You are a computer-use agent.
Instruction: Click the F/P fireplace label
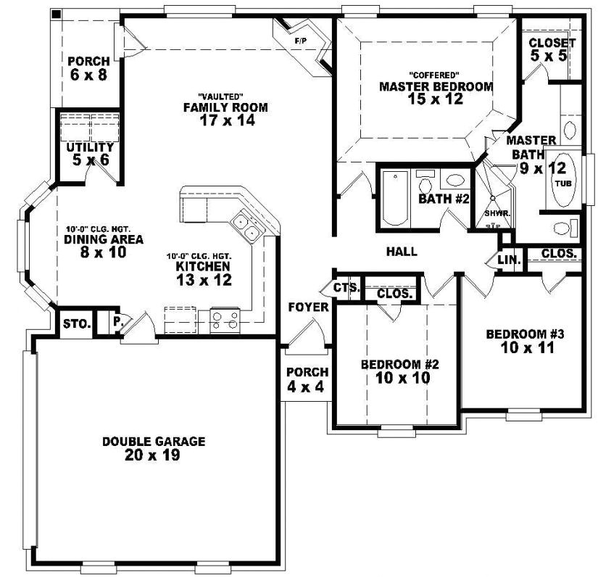click(300, 41)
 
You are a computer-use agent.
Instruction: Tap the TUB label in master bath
click(563, 183)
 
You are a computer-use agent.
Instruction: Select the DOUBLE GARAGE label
click(154, 441)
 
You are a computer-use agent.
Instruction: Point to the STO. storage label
click(76, 323)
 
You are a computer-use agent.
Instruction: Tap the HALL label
click(402, 252)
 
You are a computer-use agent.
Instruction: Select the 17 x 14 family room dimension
click(225, 121)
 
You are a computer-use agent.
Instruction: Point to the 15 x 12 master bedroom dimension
click(436, 99)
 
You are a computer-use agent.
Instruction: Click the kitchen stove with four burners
click(225, 319)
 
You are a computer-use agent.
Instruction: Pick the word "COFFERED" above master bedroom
click(435, 75)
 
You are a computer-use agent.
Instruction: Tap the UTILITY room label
click(89, 147)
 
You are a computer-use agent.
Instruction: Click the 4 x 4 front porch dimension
click(307, 387)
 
